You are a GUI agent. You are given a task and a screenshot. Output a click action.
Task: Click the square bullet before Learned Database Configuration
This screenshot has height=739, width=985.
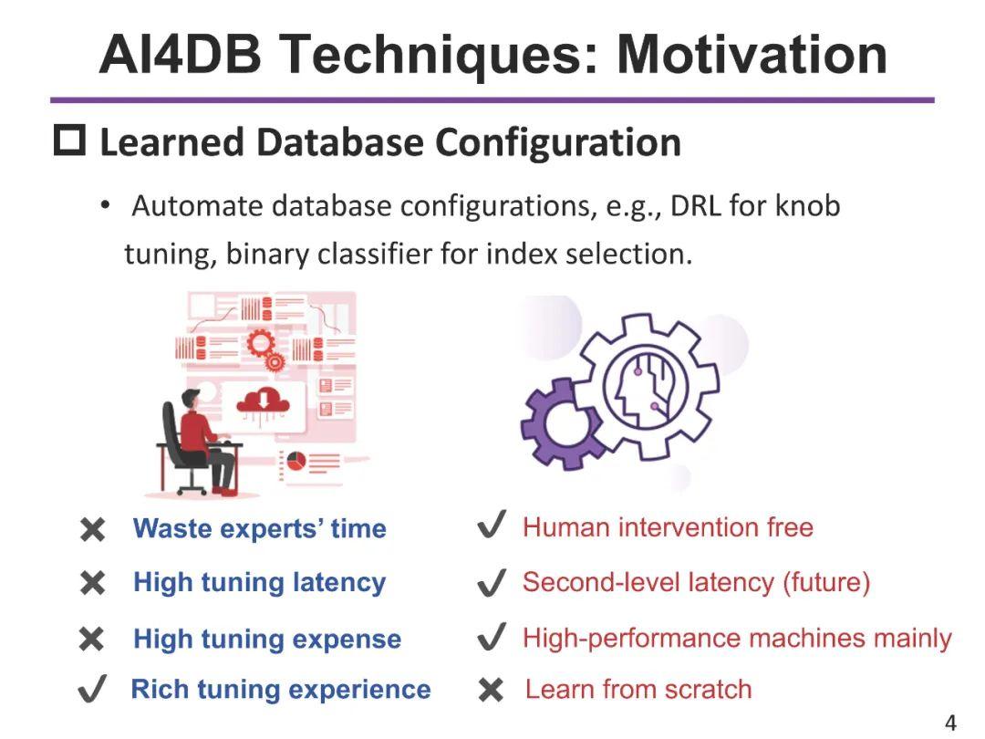[x=69, y=141]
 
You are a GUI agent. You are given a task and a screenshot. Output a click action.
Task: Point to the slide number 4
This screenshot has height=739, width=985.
[x=950, y=723]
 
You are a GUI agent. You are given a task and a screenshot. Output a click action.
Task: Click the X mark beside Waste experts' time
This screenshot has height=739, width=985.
[x=92, y=530]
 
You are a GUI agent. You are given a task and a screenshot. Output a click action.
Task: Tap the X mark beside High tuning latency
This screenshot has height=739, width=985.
[x=92, y=584]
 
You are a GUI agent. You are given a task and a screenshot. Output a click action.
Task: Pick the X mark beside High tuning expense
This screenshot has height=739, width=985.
[x=92, y=640]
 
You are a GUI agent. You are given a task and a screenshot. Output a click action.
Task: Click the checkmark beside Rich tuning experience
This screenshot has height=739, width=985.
[x=92, y=689]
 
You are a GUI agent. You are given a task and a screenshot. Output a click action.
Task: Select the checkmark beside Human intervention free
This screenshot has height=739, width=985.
[x=492, y=526]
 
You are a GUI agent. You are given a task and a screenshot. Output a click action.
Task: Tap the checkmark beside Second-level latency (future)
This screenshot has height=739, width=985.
[x=492, y=583]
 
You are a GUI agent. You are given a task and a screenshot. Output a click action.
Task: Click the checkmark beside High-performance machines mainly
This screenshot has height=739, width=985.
[x=492, y=637]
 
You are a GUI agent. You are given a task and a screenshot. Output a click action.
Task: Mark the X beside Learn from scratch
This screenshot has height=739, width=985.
[x=491, y=691]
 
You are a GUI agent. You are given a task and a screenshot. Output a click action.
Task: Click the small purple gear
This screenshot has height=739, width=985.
[x=558, y=424]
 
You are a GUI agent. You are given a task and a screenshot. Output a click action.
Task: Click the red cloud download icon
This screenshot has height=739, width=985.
[x=263, y=399]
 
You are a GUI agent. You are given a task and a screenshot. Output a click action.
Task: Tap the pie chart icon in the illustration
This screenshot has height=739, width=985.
[x=296, y=462]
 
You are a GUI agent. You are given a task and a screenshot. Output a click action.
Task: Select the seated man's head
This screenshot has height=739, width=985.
[x=190, y=401]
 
